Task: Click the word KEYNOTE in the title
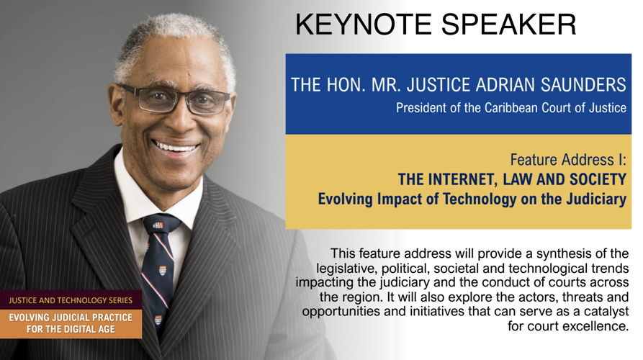364,24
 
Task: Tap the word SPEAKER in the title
509,24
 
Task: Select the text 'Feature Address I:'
568,160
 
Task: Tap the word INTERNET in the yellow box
462,179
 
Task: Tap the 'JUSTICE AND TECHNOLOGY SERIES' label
71,300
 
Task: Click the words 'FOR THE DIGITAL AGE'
71,329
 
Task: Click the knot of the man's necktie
161,225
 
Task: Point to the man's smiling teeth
176,146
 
